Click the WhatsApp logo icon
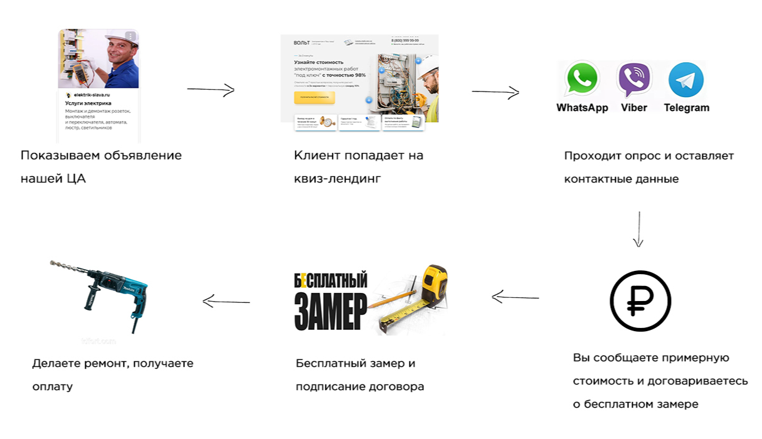[x=582, y=80]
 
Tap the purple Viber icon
[x=634, y=80]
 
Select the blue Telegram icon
[x=686, y=80]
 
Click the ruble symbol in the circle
[x=640, y=302]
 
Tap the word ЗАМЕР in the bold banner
[x=331, y=309]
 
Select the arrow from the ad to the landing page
[x=211, y=90]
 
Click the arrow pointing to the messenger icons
[x=495, y=93]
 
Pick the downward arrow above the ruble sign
[x=638, y=229]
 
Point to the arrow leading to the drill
[x=226, y=302]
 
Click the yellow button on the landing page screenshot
[x=314, y=98]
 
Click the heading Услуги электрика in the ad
[x=88, y=103]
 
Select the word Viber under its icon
[x=634, y=108]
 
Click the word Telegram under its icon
[x=686, y=108]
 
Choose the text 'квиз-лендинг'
[x=337, y=179]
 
